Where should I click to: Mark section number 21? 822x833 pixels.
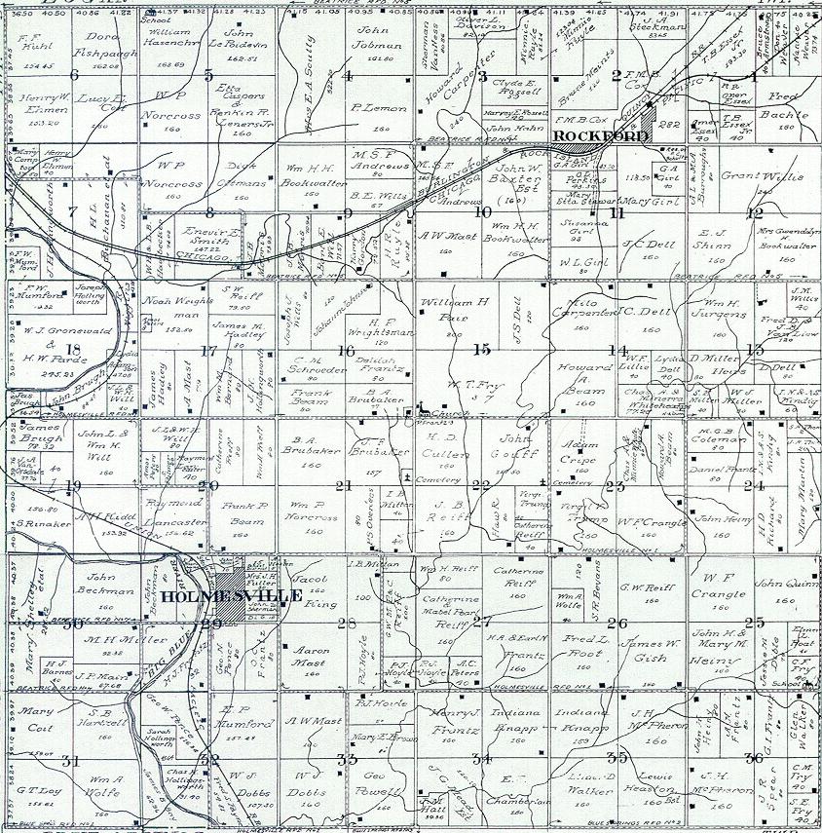pos(342,485)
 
